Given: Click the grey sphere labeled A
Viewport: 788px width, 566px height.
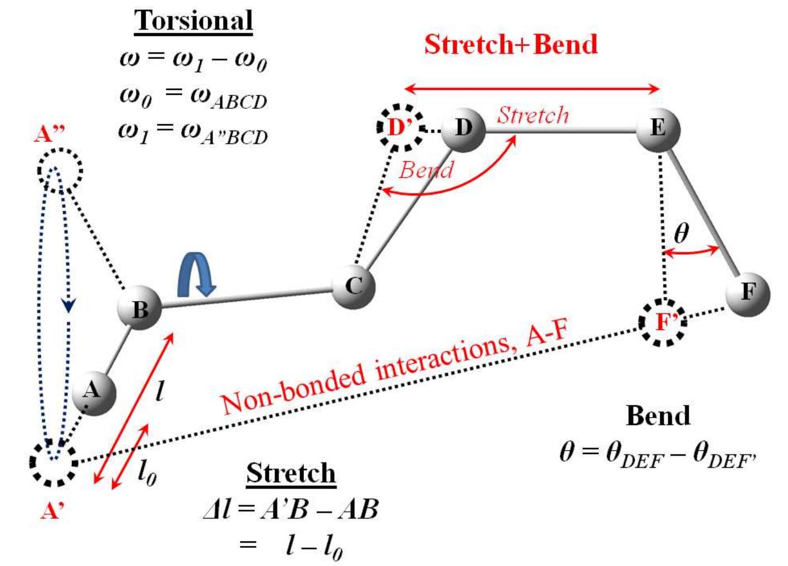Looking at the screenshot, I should coord(94,393).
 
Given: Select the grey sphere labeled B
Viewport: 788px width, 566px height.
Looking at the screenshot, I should coord(139,308).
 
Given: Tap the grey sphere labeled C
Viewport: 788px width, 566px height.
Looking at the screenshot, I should coord(354,286).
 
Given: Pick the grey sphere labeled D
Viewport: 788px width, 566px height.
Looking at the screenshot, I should coord(463,129).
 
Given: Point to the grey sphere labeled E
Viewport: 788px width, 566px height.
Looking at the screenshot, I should coord(658,129).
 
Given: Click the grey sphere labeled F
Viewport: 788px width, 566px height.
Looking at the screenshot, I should coord(747,293).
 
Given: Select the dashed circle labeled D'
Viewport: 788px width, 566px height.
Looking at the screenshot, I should coord(399,128).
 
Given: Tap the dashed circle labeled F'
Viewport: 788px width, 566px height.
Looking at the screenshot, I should coord(663,322).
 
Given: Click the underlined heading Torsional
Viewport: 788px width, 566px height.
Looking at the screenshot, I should coord(194,21).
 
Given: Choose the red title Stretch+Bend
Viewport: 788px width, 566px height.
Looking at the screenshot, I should coord(510,45).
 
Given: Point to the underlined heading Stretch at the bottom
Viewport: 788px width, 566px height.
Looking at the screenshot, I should coord(291,473).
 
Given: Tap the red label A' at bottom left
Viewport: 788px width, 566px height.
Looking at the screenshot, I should coord(52,510).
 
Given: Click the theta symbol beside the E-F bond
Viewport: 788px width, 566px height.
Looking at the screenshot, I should coord(681,233).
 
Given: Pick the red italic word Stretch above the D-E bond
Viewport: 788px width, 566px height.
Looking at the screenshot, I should coord(533,115).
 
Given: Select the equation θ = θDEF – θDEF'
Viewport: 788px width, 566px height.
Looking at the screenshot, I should coord(658,453).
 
